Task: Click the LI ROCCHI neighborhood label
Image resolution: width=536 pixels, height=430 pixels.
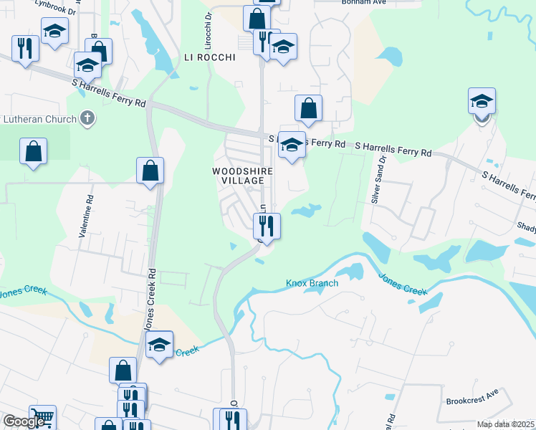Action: tap(209, 57)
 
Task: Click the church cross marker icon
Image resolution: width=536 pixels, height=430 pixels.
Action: tap(87, 118)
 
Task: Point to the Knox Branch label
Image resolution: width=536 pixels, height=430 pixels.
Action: tap(312, 283)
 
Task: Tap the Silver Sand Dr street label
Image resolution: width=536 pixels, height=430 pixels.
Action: tap(378, 179)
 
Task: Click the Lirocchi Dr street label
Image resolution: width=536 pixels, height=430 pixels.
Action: tap(209, 24)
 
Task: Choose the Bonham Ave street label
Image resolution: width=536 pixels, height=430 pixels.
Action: tap(339, 2)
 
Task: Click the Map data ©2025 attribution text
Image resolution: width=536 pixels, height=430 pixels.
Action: tap(505, 424)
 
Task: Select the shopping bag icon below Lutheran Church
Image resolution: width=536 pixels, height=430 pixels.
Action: tap(33, 152)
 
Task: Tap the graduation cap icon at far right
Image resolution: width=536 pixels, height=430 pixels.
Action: tap(482, 102)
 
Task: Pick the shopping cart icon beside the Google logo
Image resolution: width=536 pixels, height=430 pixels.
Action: tap(43, 418)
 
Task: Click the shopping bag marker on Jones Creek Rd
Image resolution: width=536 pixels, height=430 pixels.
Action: tap(150, 171)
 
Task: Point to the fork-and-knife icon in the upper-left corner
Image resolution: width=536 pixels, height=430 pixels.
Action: tap(25, 49)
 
